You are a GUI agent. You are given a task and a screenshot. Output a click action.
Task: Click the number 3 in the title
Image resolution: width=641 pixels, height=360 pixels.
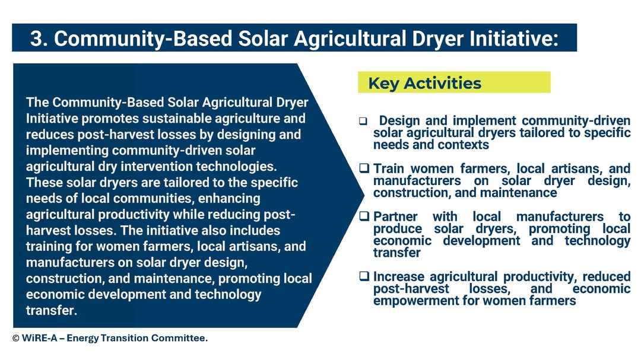pos(36,39)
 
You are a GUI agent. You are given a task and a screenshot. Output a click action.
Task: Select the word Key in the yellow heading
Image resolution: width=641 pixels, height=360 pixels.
pos(383,84)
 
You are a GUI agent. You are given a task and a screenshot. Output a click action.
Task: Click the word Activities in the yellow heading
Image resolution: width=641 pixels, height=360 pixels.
pos(442,83)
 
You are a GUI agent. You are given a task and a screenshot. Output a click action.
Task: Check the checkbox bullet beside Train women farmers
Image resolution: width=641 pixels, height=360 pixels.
pos(364,168)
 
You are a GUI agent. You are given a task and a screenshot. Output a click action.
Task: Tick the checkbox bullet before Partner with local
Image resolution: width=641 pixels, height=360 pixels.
pos(364,216)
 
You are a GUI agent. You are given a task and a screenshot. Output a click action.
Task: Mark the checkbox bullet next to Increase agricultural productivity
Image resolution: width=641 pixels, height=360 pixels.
pos(364,276)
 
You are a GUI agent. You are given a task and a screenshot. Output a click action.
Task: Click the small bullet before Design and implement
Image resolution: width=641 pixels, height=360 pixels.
pos(363,121)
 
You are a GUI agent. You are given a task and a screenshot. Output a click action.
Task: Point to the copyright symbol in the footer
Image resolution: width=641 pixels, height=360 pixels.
pos(16,338)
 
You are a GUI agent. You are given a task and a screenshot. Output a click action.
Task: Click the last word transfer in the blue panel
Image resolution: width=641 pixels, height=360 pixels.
pos(52,310)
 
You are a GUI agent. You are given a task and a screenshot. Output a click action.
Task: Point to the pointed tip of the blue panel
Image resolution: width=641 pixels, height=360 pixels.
pos(363,195)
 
